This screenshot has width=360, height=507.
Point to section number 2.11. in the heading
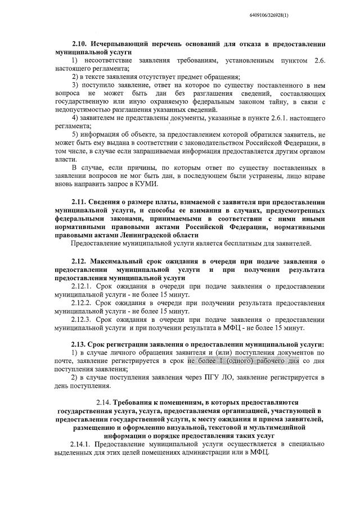point(81,202)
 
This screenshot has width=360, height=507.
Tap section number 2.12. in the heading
point(81,262)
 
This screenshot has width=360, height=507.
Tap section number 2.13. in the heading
point(81,344)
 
